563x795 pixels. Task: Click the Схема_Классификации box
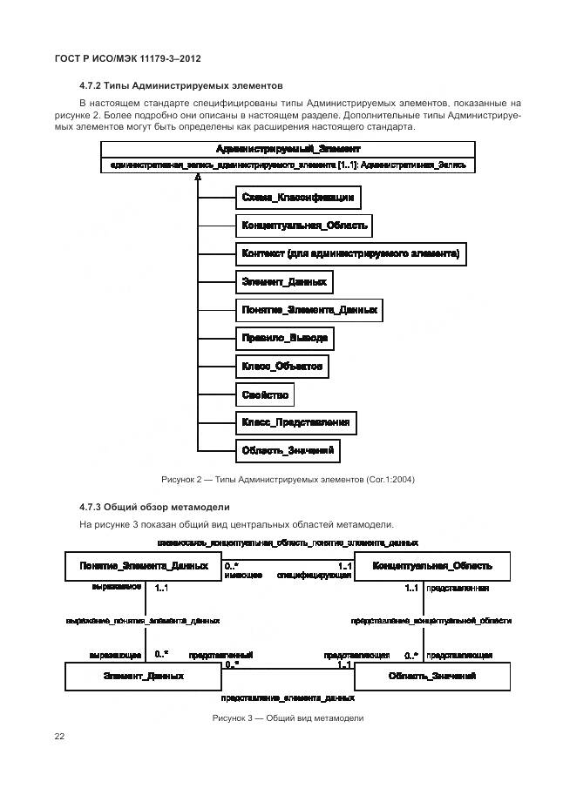[x=297, y=199]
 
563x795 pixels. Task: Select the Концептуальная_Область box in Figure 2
[x=304, y=226]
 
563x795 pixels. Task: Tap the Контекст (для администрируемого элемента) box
[x=349, y=254]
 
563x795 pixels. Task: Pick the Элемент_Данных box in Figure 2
[x=284, y=282]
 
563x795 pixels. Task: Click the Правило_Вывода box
[x=285, y=339]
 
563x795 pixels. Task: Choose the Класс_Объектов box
[x=282, y=367]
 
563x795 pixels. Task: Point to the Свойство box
[x=265, y=395]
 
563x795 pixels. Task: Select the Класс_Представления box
[x=295, y=423]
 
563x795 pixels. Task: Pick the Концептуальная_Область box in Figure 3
[x=431, y=567]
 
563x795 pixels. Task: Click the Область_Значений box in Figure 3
[x=431, y=676]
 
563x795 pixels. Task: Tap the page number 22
[x=60, y=737]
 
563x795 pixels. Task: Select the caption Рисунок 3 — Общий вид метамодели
[x=287, y=718]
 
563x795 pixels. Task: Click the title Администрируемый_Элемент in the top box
[x=288, y=149]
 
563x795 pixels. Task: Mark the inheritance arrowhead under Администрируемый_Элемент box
[x=199, y=177]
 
